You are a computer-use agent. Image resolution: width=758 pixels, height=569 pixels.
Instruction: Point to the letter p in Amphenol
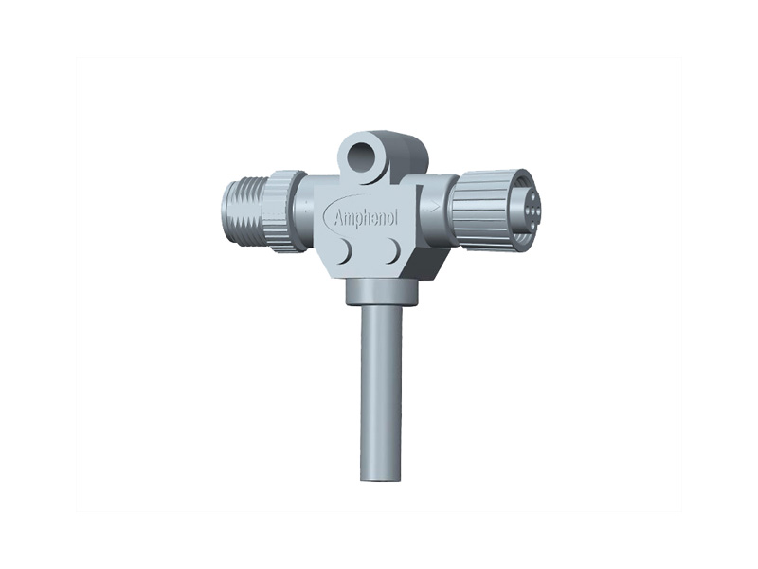point(364,220)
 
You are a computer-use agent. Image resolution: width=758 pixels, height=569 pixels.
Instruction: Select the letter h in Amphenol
point(372,216)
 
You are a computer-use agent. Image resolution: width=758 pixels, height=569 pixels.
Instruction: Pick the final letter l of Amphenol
point(396,217)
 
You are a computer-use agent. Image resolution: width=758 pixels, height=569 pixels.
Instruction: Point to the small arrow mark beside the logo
point(434,204)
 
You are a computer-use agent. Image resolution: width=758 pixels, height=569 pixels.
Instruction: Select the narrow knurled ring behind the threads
point(282,211)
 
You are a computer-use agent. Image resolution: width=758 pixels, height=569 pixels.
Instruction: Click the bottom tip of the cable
point(381,476)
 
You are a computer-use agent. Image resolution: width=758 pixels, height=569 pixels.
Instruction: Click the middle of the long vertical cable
point(381,389)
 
